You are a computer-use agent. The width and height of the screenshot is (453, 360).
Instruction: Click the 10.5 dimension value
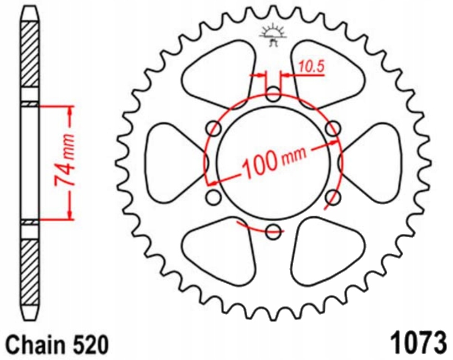(311, 67)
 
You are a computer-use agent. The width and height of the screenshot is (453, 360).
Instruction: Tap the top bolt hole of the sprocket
(273, 94)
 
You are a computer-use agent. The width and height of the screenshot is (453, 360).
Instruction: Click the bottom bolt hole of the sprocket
(273, 231)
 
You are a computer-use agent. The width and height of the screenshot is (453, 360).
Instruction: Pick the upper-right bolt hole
(332, 129)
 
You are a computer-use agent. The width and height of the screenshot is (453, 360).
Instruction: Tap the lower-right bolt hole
(332, 197)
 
